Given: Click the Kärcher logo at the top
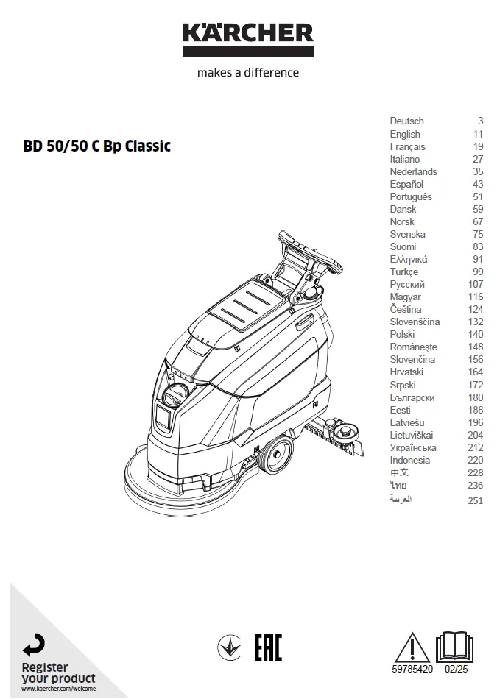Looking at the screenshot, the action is click(x=248, y=40).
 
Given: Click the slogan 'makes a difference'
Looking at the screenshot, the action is click(x=248, y=73).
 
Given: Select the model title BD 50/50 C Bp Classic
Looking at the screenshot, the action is click(x=96, y=146).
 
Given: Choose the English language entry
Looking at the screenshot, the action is click(x=405, y=134).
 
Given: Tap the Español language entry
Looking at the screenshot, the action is click(x=406, y=184).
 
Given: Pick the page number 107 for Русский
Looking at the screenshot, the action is click(x=476, y=285).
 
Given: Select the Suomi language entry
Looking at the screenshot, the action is click(x=403, y=247).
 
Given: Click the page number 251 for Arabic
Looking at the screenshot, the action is click(x=476, y=500).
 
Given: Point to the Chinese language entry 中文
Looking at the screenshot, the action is click(x=399, y=472).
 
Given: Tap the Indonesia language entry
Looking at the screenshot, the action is click(x=410, y=460).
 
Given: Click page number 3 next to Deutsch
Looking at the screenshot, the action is click(x=481, y=121).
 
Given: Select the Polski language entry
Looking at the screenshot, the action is click(x=402, y=334).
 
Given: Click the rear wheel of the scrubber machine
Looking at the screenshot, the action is click(x=277, y=454).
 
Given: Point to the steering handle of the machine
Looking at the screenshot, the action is click(x=311, y=251).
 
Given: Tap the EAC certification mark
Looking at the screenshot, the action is click(x=268, y=647).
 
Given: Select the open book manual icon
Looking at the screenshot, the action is click(x=454, y=647).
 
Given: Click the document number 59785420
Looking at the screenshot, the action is click(x=412, y=669).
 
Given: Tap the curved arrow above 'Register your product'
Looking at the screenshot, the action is click(x=34, y=645).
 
